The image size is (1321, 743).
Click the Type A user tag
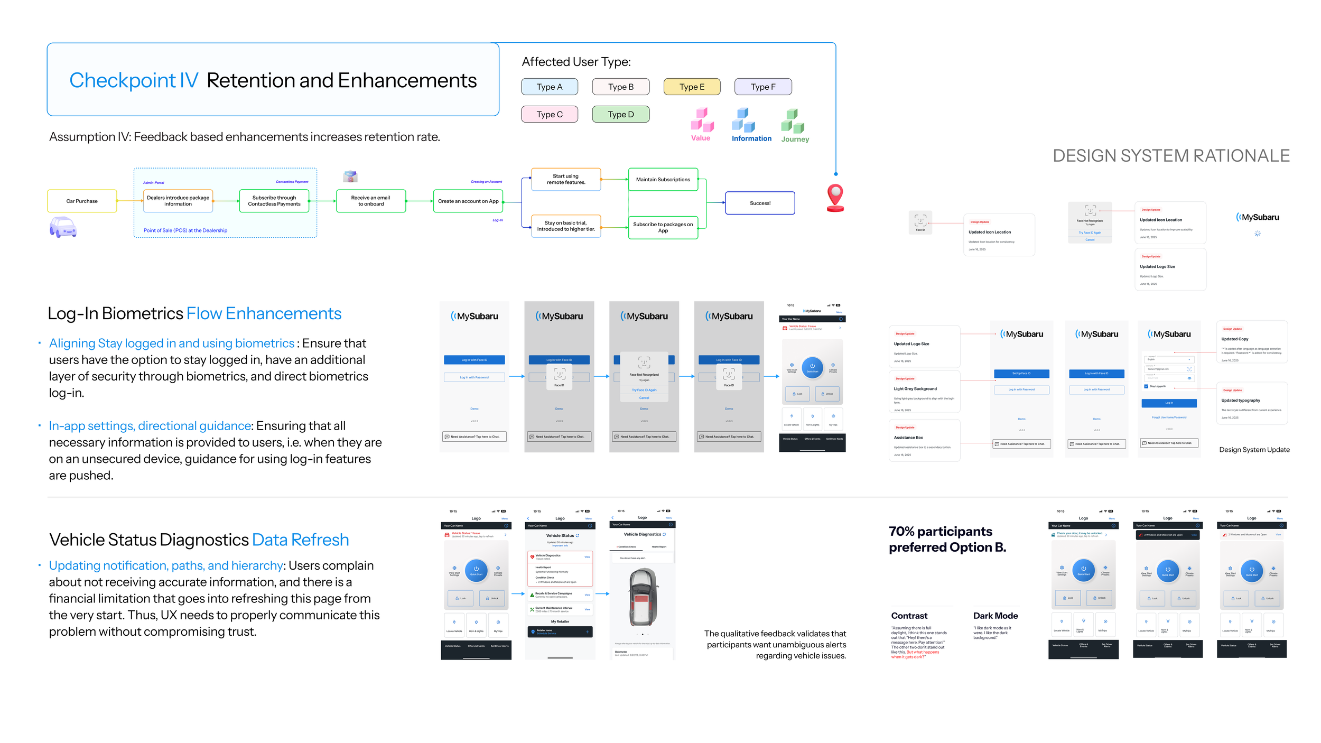pyautogui.click(x=549, y=87)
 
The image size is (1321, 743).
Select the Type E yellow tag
pyautogui.click(x=692, y=87)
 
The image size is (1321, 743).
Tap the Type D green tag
pyautogui.click(x=620, y=114)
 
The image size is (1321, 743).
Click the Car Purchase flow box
pyautogui.click(x=82, y=201)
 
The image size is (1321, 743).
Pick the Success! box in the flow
pyautogui.click(x=760, y=203)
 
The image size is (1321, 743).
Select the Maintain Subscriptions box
pyautogui.click(x=663, y=180)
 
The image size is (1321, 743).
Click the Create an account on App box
pyautogui.click(x=468, y=201)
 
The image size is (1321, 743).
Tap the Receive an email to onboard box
pyautogui.click(x=370, y=201)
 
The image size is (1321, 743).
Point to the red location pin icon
pyautogui.click(x=835, y=197)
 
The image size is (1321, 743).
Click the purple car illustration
pyautogui.click(x=63, y=227)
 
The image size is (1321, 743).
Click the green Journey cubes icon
pyautogui.click(x=793, y=121)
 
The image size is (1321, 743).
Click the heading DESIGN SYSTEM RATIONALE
pyautogui.click(x=1171, y=156)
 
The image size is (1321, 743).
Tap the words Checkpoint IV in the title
pyautogui.click(x=134, y=80)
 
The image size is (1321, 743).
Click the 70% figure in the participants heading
pyautogui.click(x=901, y=531)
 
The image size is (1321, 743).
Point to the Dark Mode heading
pyautogui.click(x=995, y=616)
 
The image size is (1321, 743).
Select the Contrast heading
pyautogui.click(x=909, y=616)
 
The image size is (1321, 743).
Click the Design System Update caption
pyautogui.click(x=1254, y=450)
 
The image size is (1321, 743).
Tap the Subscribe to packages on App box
pyautogui.click(x=663, y=227)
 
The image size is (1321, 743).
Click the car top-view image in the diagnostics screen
pyautogui.click(x=643, y=597)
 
